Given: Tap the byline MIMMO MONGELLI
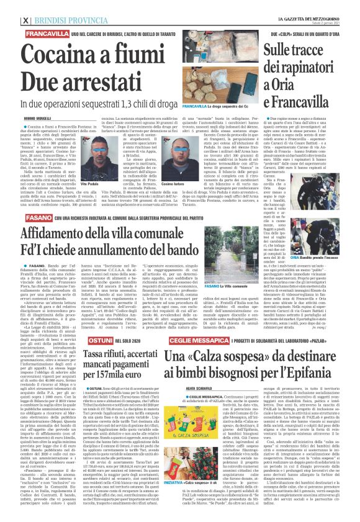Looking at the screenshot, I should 19,117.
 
